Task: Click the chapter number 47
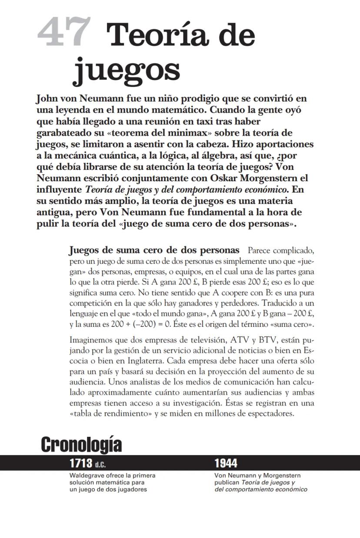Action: tap(63, 32)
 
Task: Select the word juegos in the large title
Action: tap(126, 70)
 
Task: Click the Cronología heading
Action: tap(81, 445)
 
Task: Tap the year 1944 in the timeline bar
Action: tap(226, 463)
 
